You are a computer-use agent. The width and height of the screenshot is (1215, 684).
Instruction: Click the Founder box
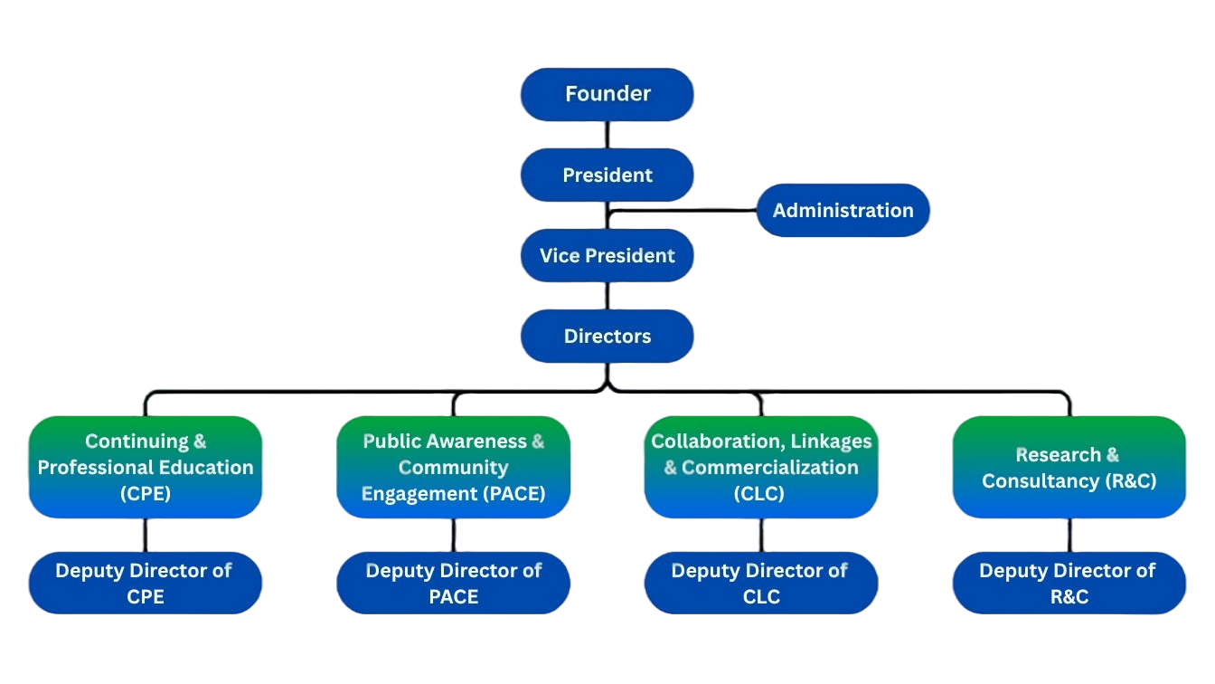(x=607, y=94)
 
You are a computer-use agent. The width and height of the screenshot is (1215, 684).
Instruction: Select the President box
(x=607, y=175)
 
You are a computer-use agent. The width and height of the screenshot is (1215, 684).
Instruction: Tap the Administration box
(x=843, y=211)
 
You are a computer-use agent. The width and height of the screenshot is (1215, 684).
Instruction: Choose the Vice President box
(x=607, y=256)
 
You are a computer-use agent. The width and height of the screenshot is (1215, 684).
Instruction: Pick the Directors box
(x=607, y=337)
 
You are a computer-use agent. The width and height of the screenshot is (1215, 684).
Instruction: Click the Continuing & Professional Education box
(x=146, y=467)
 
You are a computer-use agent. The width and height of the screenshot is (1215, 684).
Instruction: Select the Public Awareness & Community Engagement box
(x=453, y=467)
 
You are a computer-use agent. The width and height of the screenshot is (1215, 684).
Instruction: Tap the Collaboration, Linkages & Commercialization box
(x=761, y=467)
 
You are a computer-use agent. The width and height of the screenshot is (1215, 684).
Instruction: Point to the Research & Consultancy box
(x=1069, y=467)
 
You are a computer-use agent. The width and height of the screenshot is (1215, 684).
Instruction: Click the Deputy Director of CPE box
(x=146, y=584)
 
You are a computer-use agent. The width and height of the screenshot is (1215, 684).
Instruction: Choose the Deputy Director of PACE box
(x=453, y=584)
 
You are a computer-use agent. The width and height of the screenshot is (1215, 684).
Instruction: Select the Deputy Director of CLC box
(x=761, y=584)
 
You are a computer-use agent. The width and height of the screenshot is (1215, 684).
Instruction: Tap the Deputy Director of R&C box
(x=1069, y=584)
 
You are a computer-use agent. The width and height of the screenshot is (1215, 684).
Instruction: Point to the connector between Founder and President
(x=607, y=135)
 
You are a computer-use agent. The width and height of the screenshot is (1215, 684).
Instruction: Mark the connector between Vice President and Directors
(x=607, y=296)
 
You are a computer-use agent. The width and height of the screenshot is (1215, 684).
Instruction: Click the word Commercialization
(x=770, y=468)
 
